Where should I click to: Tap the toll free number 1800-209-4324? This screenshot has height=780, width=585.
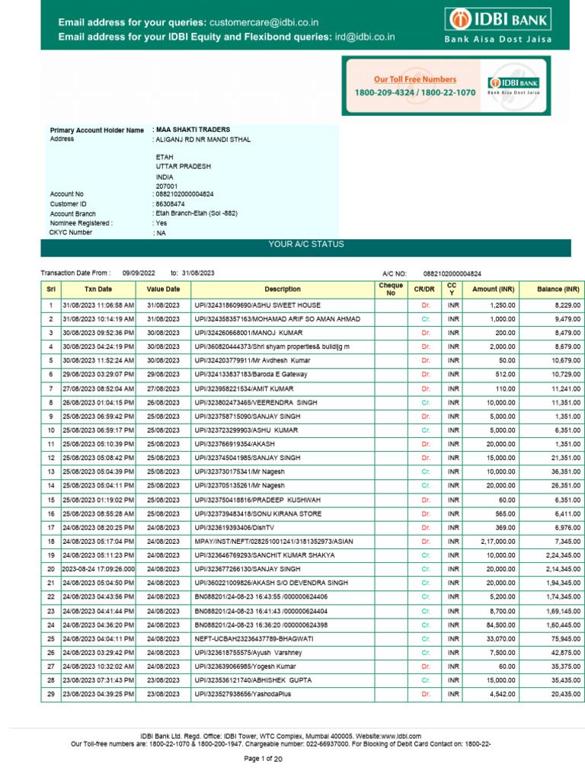point(385,92)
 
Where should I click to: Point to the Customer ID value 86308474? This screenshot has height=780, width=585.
point(171,204)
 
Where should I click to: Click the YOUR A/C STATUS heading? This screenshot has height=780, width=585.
point(306,245)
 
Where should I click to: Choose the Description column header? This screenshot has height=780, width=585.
point(283,289)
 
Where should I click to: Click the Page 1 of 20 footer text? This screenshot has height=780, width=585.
point(263,759)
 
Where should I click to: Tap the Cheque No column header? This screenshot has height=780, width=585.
point(391,289)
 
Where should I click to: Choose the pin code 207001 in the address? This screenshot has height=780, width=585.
point(167,186)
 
